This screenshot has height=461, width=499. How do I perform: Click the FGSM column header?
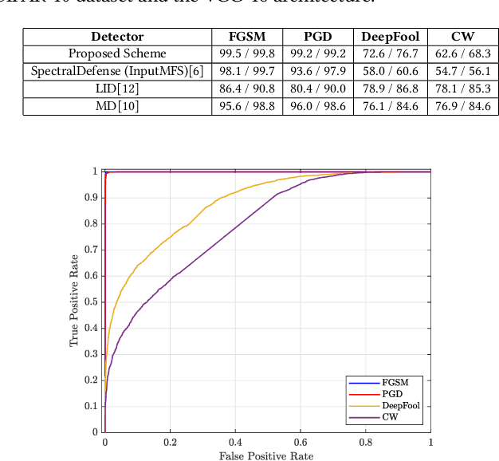(246, 37)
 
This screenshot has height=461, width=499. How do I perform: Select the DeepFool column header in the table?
(391, 37)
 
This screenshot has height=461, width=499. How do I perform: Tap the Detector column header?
(117, 37)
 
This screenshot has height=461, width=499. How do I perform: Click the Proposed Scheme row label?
(117, 53)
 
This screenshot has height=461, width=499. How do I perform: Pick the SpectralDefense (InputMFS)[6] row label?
(117, 71)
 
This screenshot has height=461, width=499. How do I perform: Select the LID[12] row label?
(117, 89)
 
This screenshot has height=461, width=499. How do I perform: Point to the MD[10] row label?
(117, 106)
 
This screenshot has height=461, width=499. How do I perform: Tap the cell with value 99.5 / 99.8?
(246, 53)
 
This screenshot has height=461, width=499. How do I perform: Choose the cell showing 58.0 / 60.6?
(391, 71)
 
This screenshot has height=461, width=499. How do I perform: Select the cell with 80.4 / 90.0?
(317, 89)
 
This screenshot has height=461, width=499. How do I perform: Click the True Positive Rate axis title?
(75, 301)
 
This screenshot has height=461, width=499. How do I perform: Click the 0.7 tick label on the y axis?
(93, 249)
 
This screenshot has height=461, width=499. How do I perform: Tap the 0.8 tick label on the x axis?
(365, 442)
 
